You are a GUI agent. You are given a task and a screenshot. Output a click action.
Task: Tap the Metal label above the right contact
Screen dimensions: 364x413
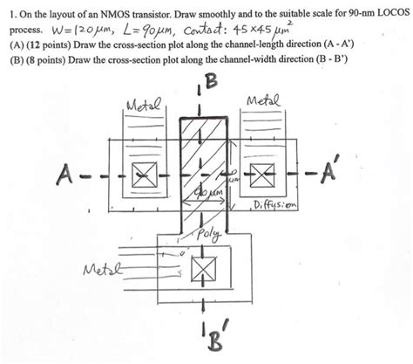(265, 102)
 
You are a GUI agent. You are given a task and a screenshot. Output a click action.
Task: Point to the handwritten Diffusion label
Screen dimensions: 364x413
(275, 206)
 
